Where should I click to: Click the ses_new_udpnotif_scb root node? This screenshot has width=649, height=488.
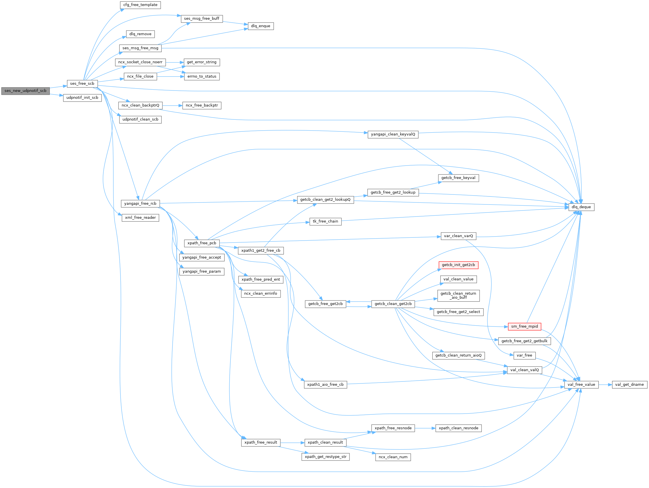pyautogui.click(x=25, y=91)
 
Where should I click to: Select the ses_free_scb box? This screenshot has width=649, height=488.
pyautogui.click(x=82, y=84)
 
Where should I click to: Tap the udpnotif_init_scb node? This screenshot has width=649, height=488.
pyautogui.click(x=82, y=98)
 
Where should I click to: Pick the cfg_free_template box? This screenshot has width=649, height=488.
pyautogui.click(x=140, y=5)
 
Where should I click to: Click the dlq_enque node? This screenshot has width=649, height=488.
pyautogui.click(x=261, y=26)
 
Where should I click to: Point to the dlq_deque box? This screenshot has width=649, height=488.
pyautogui.click(x=581, y=207)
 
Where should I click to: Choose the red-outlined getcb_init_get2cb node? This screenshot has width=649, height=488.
pyautogui.click(x=458, y=265)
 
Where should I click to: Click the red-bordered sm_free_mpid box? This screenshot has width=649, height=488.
pyautogui.click(x=524, y=326)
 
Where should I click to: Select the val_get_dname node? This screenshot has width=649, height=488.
pyautogui.click(x=629, y=385)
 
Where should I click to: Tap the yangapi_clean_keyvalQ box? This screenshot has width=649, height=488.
pyautogui.click(x=393, y=134)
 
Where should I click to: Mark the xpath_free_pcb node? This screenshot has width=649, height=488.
pyautogui.click(x=202, y=243)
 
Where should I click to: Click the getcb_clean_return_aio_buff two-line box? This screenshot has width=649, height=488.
pyautogui.click(x=458, y=296)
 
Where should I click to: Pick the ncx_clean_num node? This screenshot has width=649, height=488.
pyautogui.click(x=393, y=457)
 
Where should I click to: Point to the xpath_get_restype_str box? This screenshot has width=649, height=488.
pyautogui.click(x=326, y=457)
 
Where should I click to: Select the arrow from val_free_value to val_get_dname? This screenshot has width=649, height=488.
pyautogui.click(x=605, y=385)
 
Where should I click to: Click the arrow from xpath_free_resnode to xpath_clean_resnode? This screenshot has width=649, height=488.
pyautogui.click(x=425, y=428)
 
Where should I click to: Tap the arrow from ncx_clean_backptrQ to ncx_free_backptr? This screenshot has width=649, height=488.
pyautogui.click(x=173, y=106)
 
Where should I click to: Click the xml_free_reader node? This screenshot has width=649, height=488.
pyautogui.click(x=140, y=218)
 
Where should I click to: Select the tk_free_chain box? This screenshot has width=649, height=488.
pyautogui.click(x=326, y=222)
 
